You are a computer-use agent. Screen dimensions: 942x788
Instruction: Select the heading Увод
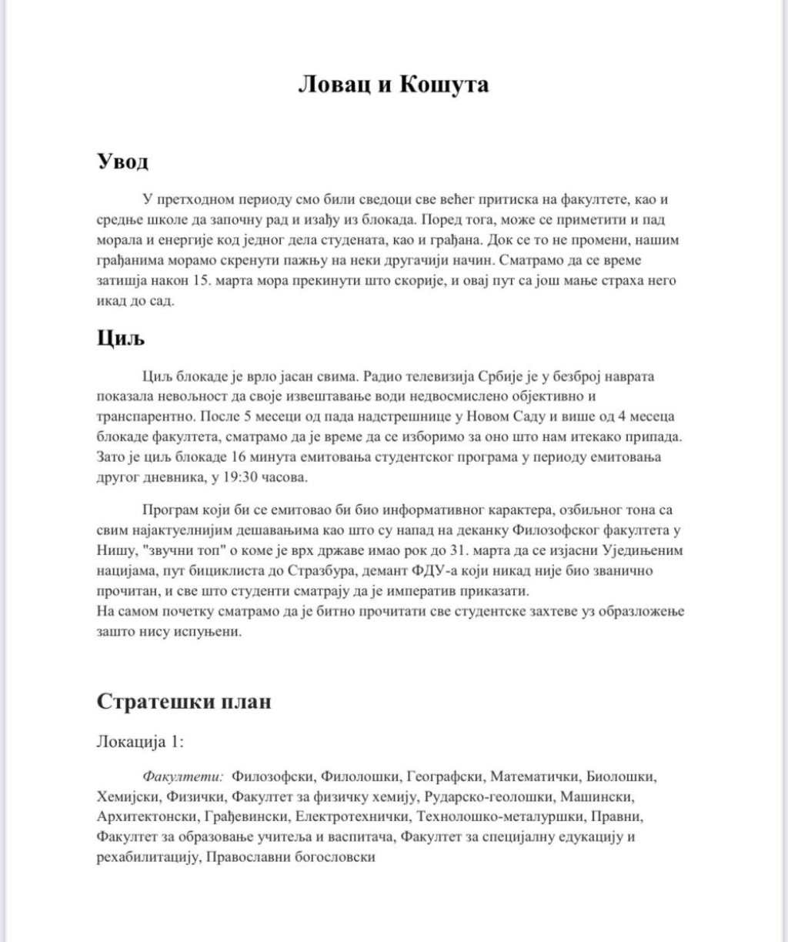click(x=122, y=162)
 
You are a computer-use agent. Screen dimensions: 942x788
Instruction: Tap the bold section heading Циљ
click(x=121, y=337)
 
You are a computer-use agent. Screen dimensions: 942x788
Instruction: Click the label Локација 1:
click(x=141, y=742)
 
